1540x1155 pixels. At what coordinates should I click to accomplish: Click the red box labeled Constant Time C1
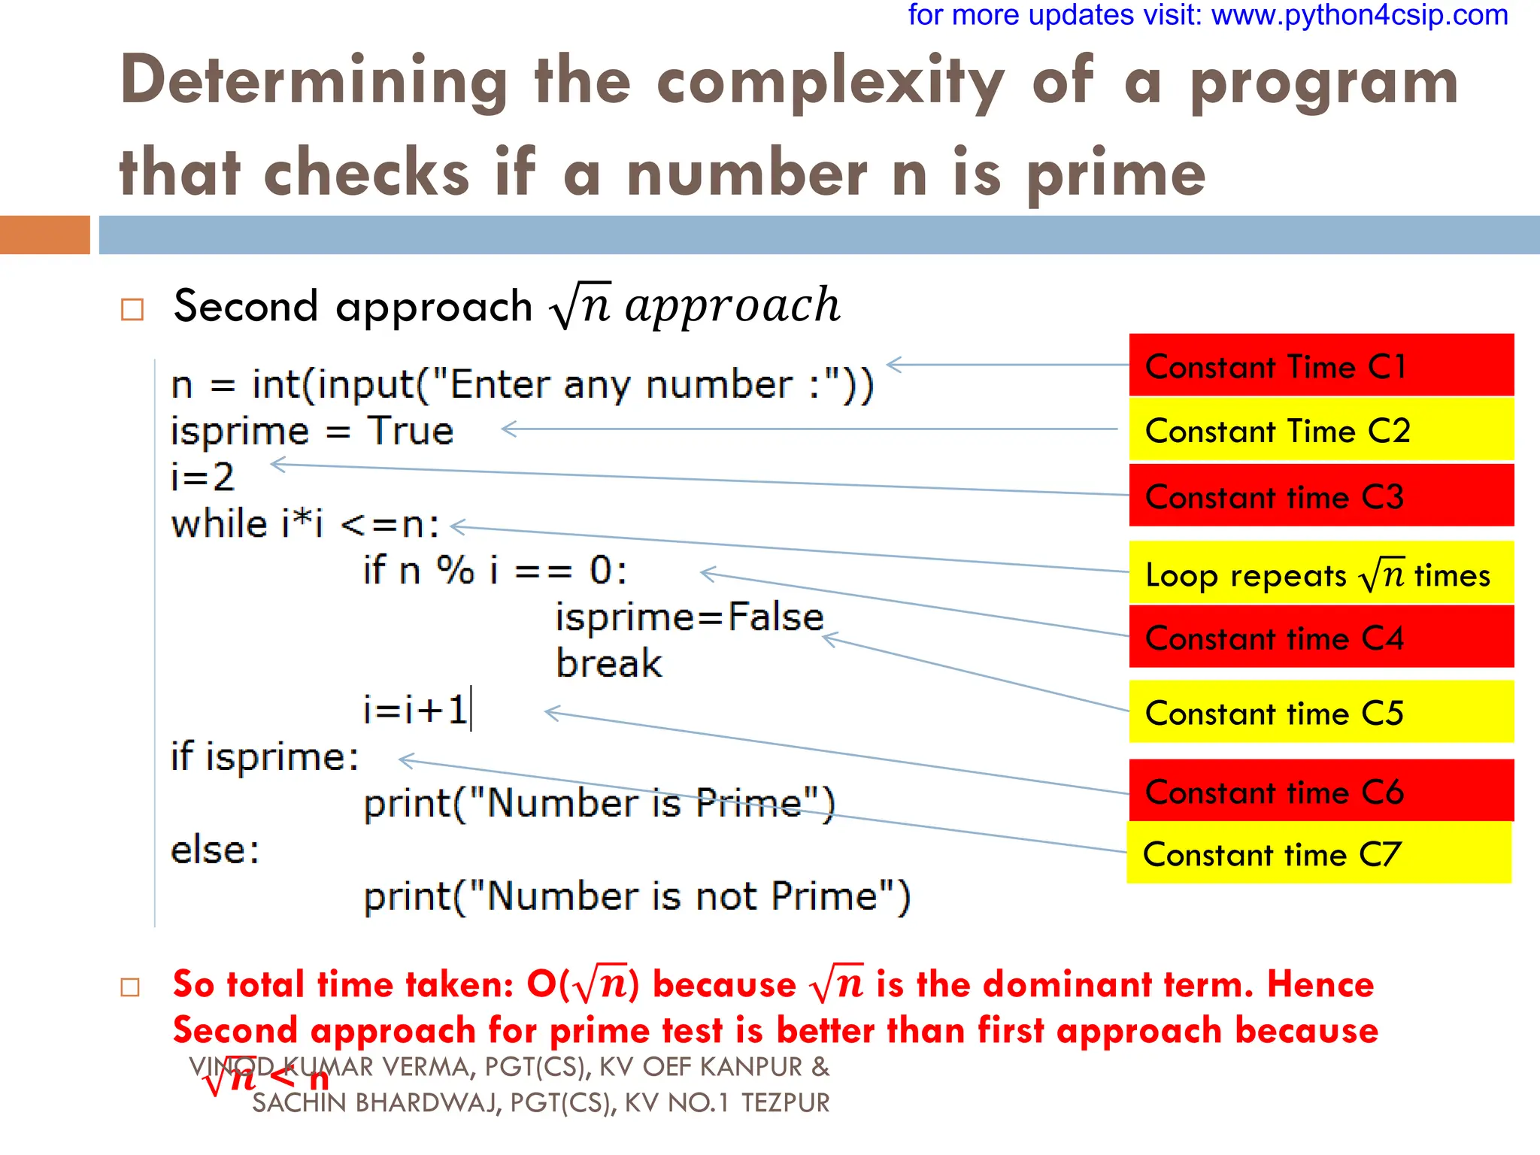click(x=1320, y=365)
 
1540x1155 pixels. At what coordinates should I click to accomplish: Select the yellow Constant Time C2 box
click(x=1320, y=429)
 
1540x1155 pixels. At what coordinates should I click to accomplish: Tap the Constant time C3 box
click(x=1320, y=496)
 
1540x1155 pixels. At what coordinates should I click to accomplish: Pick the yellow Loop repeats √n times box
click(x=1320, y=573)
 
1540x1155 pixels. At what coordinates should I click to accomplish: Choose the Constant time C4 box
click(x=1320, y=637)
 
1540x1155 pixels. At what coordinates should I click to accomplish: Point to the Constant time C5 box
click(x=1320, y=711)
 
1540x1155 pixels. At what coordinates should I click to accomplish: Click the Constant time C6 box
click(x=1320, y=790)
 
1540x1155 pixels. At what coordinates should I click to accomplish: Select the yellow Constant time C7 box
click(x=1318, y=853)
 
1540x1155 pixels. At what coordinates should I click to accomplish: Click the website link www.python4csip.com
click(x=1360, y=15)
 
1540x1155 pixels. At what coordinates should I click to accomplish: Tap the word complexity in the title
click(x=830, y=83)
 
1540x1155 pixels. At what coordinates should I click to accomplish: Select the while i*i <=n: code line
click(x=305, y=524)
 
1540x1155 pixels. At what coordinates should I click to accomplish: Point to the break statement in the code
click(x=609, y=663)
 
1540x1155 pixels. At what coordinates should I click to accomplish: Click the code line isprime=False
click(x=689, y=617)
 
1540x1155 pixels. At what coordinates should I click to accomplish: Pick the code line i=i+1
click(x=416, y=710)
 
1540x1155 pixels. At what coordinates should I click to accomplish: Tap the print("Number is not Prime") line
click(x=636, y=896)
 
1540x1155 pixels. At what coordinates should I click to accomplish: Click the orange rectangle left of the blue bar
click(x=44, y=235)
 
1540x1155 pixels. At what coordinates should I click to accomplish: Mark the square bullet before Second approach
click(x=132, y=309)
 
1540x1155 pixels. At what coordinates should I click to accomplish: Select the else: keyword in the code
click(x=215, y=850)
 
